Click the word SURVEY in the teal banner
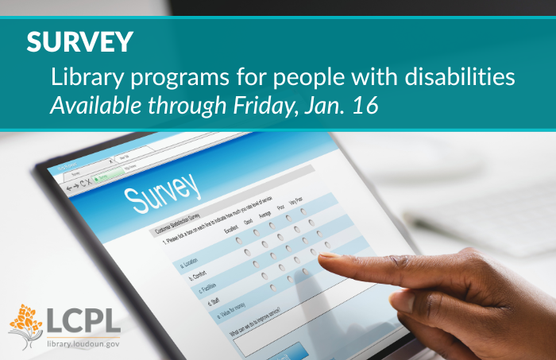pyautogui.click(x=80, y=42)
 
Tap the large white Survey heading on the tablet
pyautogui.click(x=163, y=191)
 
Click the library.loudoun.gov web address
pyautogui.click(x=83, y=343)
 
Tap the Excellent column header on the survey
pyautogui.click(x=232, y=230)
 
